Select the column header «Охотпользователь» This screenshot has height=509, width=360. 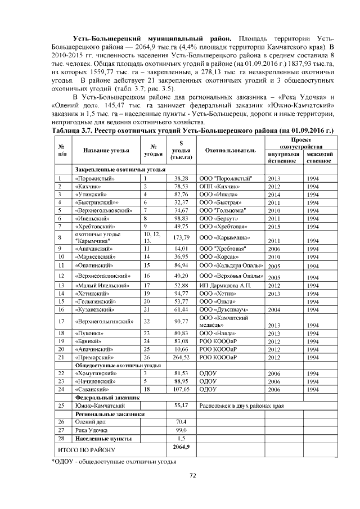(231, 151)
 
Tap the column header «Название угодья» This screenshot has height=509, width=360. (106, 151)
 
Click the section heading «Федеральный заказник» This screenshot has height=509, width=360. (104, 397)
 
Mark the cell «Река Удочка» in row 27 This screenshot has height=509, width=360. (90, 430)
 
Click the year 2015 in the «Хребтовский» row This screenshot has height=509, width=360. (274, 226)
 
